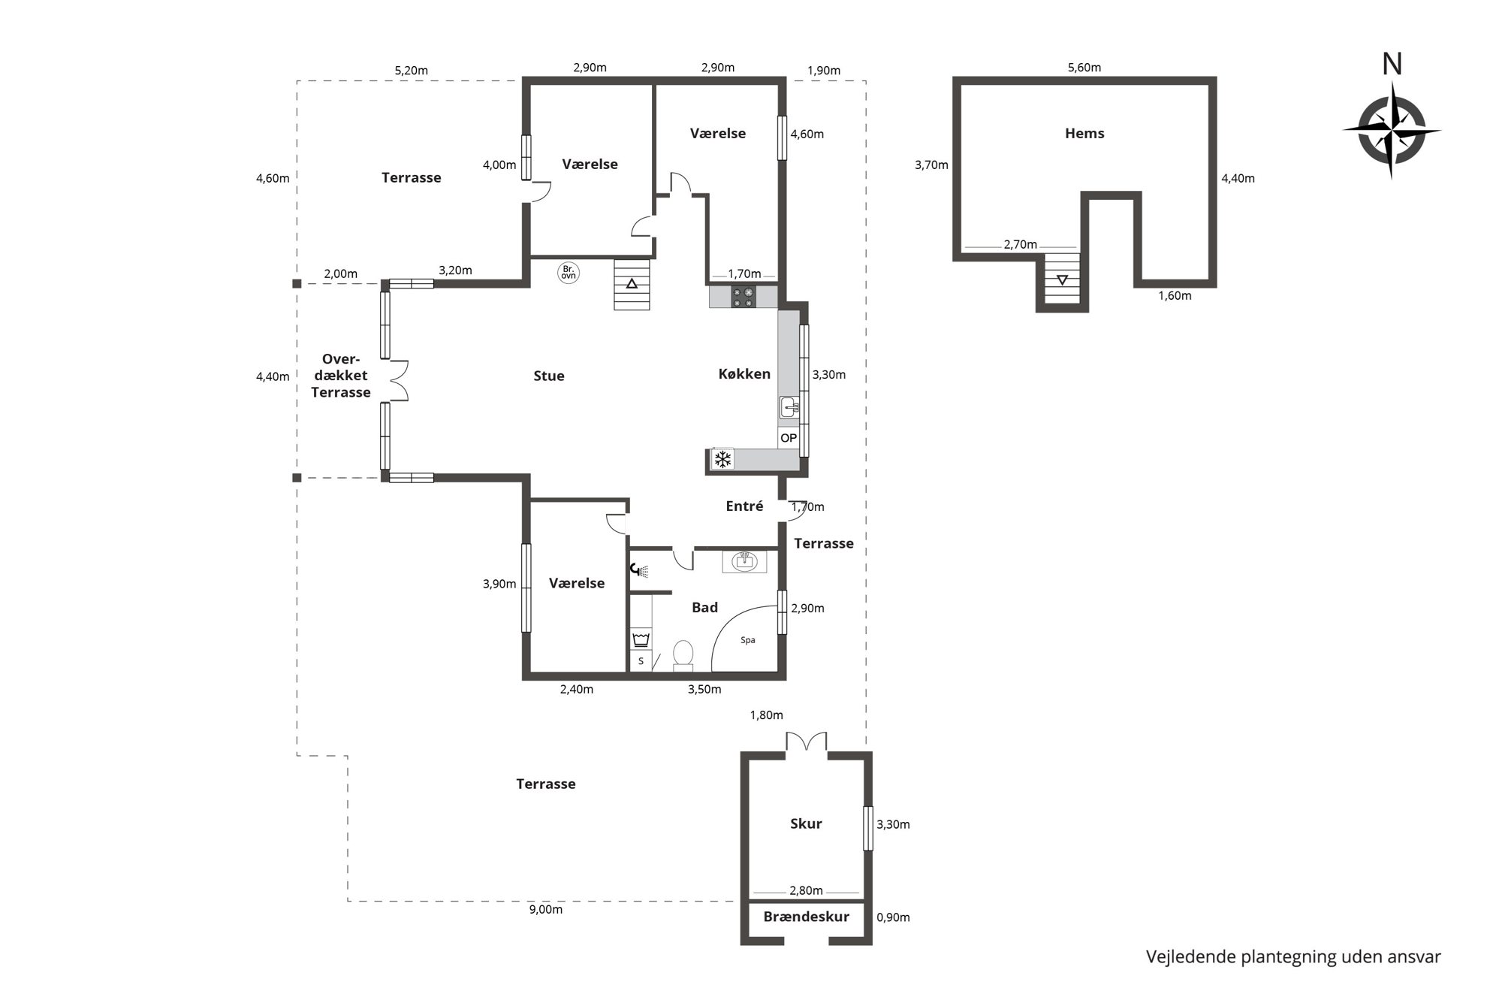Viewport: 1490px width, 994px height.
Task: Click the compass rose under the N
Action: click(x=1392, y=130)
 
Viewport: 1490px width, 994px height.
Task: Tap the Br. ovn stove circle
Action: click(x=569, y=272)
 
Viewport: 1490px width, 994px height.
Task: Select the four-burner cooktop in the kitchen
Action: click(x=743, y=298)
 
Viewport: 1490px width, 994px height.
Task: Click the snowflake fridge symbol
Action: click(x=722, y=459)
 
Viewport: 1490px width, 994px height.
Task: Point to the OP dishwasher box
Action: click(x=789, y=438)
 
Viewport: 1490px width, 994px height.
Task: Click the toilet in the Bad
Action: click(x=683, y=654)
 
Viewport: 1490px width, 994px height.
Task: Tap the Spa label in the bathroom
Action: click(x=747, y=640)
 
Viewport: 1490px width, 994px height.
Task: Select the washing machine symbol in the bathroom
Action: click(x=641, y=639)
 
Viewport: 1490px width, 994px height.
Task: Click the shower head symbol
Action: click(x=639, y=570)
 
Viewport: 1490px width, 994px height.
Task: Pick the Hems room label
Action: click(x=1084, y=134)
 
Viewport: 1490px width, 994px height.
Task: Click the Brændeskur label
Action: click(x=806, y=917)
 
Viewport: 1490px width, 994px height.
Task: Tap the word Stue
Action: click(x=549, y=376)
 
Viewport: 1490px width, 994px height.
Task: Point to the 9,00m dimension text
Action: click(x=546, y=910)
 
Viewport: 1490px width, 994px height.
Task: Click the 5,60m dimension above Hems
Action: click(x=1084, y=68)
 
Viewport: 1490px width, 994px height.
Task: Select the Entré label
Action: click(x=744, y=506)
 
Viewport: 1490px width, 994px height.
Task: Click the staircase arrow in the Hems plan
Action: click(x=1062, y=280)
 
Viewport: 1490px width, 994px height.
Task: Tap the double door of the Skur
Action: click(x=807, y=742)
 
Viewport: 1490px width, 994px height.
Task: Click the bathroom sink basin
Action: click(x=744, y=560)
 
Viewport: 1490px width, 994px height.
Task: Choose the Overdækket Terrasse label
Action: click(x=341, y=376)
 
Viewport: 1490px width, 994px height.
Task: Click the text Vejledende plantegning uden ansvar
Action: click(x=1293, y=957)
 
